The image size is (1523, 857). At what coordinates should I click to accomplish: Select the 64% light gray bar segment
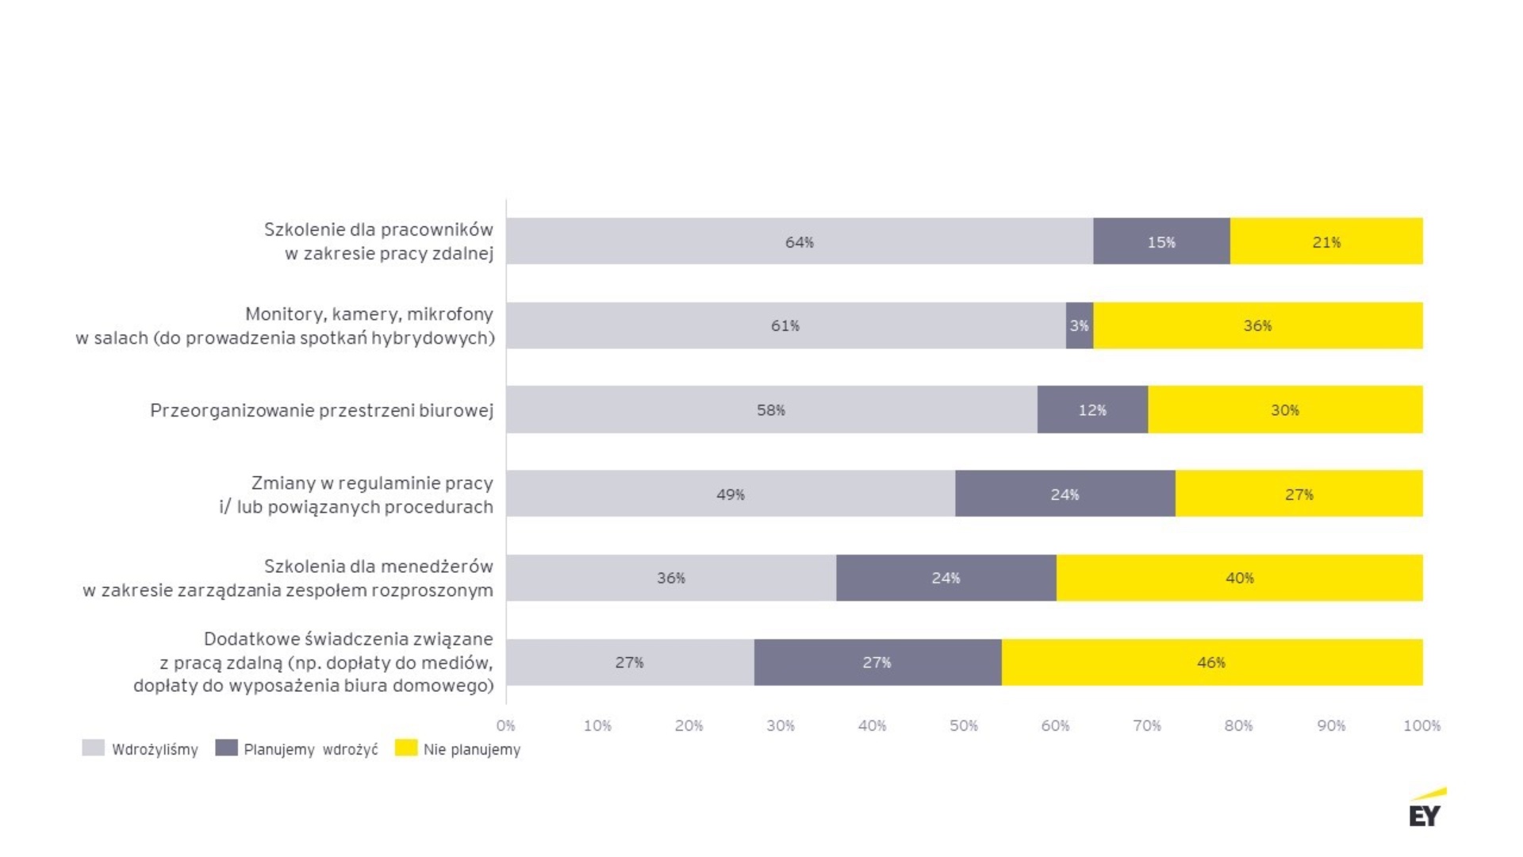[800, 241]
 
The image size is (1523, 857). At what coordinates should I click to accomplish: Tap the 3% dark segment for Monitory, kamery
[1080, 325]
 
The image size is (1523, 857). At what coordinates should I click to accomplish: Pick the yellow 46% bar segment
[1211, 662]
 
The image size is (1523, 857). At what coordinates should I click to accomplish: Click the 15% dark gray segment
[1161, 241]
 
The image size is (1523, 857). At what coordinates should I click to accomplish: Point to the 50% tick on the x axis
[964, 725]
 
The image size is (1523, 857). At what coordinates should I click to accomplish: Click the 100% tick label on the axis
[1421, 725]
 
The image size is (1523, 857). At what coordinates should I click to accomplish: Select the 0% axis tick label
[506, 725]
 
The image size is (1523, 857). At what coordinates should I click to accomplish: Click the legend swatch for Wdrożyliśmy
[94, 748]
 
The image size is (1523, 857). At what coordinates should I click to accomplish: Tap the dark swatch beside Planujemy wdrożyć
[226, 748]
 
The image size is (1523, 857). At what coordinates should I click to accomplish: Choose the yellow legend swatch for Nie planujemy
[406, 748]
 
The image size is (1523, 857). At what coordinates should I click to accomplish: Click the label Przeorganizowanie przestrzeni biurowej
[321, 410]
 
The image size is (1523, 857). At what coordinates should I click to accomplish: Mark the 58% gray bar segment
[771, 409]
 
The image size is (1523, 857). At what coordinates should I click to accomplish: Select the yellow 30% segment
[1285, 409]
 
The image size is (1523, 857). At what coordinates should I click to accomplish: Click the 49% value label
[731, 494]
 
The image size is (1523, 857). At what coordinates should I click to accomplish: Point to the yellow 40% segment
[1239, 578]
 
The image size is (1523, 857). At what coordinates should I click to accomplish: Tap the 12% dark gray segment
[1092, 409]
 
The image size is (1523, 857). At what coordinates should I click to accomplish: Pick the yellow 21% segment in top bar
[1326, 241]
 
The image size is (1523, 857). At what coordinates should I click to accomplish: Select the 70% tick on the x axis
[1147, 725]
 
